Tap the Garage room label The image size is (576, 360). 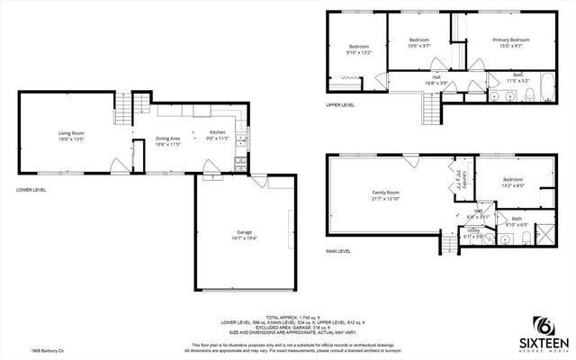coord(238,235)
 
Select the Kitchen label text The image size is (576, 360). coord(218,136)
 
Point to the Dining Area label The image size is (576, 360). coord(168,140)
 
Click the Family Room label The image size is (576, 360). coord(386,195)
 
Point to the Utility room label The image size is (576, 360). coord(474,232)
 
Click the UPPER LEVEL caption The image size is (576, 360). coord(340,105)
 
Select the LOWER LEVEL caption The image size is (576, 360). coord(31,190)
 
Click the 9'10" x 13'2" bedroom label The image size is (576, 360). coord(359,49)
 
